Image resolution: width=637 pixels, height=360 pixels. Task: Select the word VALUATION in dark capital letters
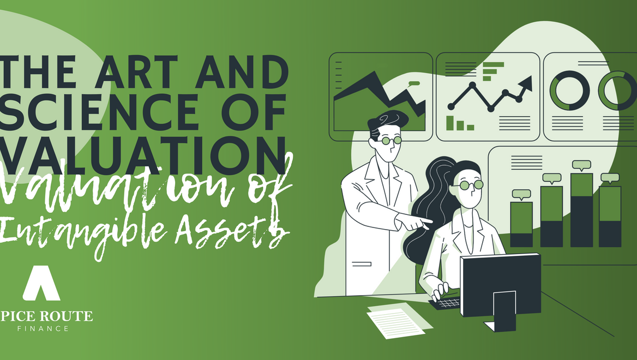[x=143, y=154]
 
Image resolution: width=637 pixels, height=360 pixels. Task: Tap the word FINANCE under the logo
[x=43, y=328]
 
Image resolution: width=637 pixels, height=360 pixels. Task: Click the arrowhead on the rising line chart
[x=526, y=83]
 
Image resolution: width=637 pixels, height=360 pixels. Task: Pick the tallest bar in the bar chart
[x=581, y=210]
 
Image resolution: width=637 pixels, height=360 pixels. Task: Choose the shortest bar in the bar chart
[x=521, y=224]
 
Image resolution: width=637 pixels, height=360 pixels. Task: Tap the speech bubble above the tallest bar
[x=581, y=165]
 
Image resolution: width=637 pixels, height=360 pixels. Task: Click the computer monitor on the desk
[x=501, y=289]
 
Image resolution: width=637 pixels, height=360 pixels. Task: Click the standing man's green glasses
[x=391, y=141]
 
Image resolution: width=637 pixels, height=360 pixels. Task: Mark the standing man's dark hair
[x=387, y=121]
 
